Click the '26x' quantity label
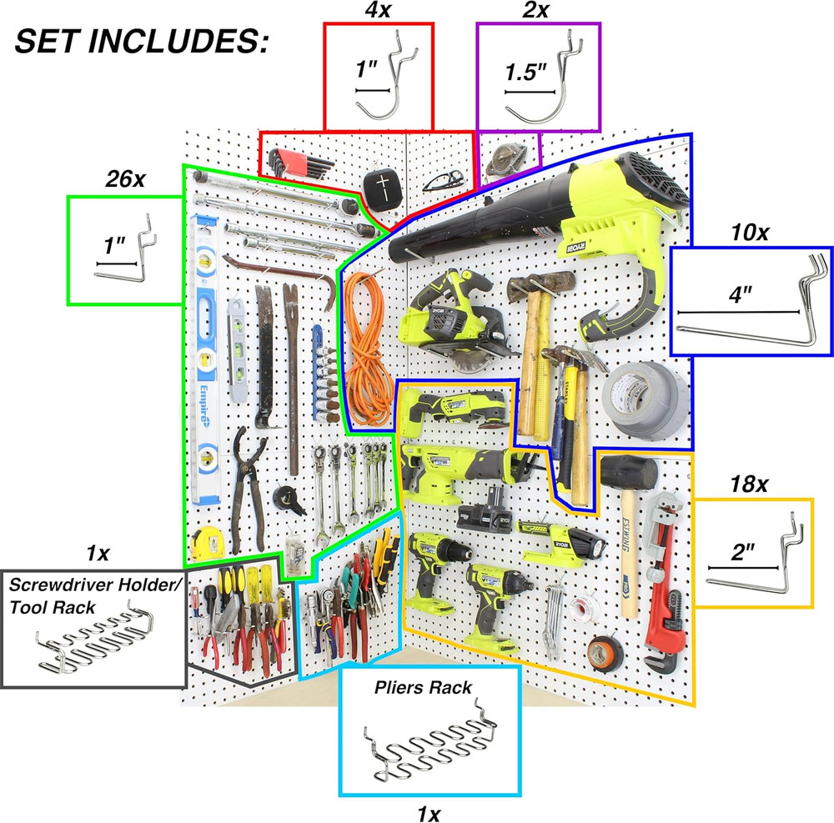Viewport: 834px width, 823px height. pos(123,178)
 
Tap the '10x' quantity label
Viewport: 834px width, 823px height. pos(748,233)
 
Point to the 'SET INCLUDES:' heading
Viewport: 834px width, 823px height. pos(142,42)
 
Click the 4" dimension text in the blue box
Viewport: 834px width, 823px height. pos(741,297)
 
